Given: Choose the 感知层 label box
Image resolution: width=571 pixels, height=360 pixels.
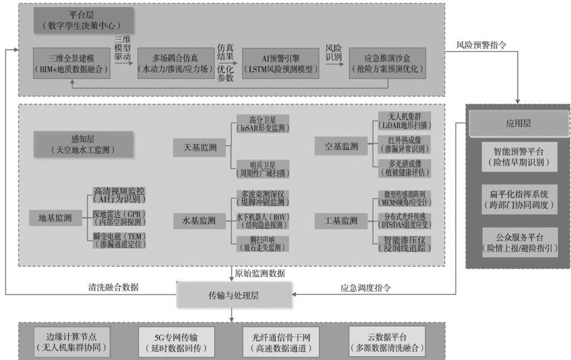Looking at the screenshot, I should [x=83, y=144].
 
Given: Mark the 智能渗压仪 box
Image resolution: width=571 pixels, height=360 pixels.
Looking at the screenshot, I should [x=404, y=244].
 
